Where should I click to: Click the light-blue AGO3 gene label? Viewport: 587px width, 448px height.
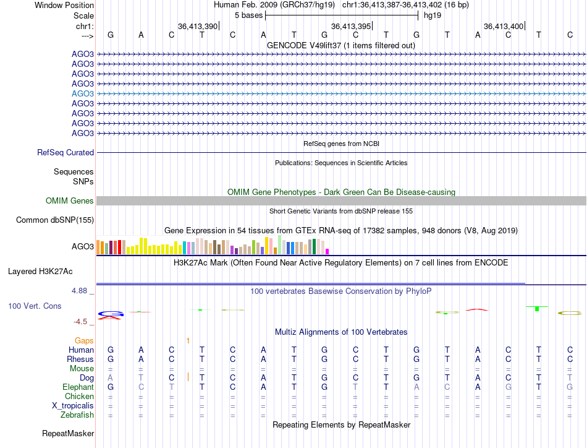[83, 93]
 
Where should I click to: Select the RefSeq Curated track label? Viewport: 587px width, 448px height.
[65, 152]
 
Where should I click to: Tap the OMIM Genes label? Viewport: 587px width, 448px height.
[70, 200]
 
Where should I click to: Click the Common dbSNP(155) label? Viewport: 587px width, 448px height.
[55, 220]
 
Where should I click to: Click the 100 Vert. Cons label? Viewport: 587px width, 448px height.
[35, 306]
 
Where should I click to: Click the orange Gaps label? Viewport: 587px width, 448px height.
[84, 340]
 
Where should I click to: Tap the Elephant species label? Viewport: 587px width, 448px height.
[78, 387]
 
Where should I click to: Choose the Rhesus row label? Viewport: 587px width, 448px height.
[80, 359]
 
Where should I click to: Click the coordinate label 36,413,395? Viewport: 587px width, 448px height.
[351, 26]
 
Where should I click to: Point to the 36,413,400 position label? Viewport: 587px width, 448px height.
[504, 26]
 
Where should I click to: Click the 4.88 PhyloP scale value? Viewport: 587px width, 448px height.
[82, 290]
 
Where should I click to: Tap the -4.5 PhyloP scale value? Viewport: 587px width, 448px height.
[83, 321]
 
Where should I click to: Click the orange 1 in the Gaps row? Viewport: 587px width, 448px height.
[187, 340]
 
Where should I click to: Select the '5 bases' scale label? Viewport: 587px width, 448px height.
[248, 15]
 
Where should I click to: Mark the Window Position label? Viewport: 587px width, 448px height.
[61, 5]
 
